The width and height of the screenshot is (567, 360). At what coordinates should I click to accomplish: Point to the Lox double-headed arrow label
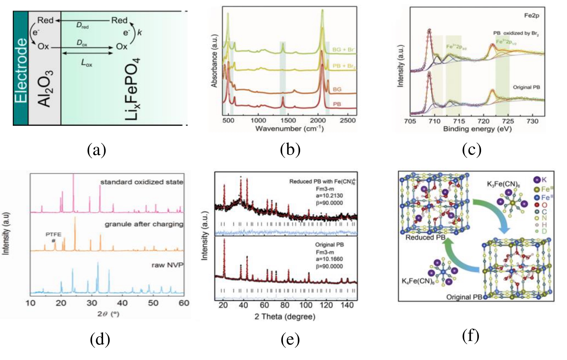point(87,63)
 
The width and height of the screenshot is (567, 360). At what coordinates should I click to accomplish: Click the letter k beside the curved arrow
point(139,32)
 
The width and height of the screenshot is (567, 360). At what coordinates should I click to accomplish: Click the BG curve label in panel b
point(337,89)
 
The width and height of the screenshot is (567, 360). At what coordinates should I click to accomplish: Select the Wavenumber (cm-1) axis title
point(289,128)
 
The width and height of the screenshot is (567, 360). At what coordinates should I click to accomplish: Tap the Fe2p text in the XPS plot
point(532,15)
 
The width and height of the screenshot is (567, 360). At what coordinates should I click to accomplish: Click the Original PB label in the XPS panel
point(526,87)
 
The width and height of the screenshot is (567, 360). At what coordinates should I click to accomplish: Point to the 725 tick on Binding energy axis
point(508,121)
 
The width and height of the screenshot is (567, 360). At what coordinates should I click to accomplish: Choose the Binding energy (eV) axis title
point(477,129)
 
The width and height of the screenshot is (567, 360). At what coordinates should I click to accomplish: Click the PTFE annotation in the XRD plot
point(53,234)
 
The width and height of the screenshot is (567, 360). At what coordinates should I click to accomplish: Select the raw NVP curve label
point(167,265)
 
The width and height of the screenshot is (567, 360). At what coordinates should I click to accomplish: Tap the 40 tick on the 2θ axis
point(122,303)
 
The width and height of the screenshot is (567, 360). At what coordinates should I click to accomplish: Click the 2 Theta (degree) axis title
point(285,316)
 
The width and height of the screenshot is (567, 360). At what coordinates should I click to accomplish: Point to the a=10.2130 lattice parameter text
point(330,196)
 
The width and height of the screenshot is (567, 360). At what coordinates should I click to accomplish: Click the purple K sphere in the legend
point(537,180)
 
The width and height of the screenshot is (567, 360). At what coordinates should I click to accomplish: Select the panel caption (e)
point(290,340)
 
